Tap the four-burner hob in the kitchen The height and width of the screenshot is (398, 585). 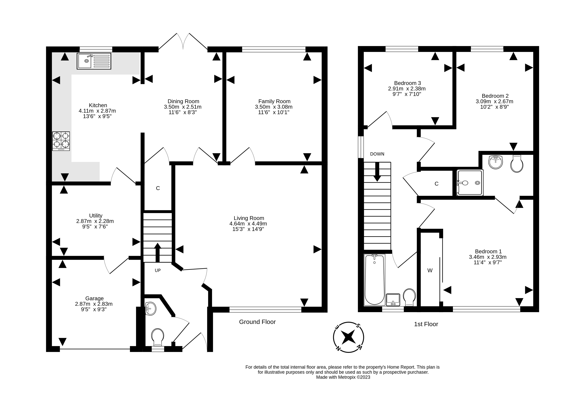tap(61, 141)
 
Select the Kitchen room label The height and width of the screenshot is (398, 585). tap(98, 105)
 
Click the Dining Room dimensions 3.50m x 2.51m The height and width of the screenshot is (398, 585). tap(183, 107)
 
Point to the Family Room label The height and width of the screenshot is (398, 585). tap(274, 101)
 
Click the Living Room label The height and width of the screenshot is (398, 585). tap(249, 218)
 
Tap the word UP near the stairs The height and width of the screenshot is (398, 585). tap(158, 270)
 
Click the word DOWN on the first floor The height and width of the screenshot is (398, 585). tap(377, 154)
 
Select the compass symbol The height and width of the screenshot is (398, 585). tap(348, 337)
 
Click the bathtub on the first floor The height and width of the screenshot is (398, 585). tap(375, 280)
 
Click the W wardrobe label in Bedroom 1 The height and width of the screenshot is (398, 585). tap(430, 270)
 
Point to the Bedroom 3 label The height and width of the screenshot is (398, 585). tap(407, 83)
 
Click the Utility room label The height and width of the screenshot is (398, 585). tap(96, 216)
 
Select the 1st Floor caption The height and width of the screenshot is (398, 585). tap(426, 324)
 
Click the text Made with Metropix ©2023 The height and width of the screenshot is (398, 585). tap(343, 377)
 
